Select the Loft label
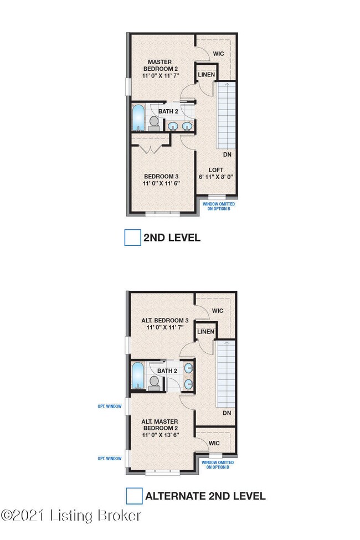click(216, 173)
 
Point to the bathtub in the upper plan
click(138, 117)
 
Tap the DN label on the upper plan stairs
click(227, 155)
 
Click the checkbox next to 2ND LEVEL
click(132, 238)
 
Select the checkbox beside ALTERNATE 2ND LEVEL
click(134, 496)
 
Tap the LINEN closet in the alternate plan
click(205, 331)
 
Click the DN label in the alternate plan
click(227, 413)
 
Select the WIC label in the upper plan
click(218, 54)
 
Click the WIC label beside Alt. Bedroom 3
click(218, 311)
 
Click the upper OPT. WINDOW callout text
click(109, 405)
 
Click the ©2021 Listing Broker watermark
click(71, 516)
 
